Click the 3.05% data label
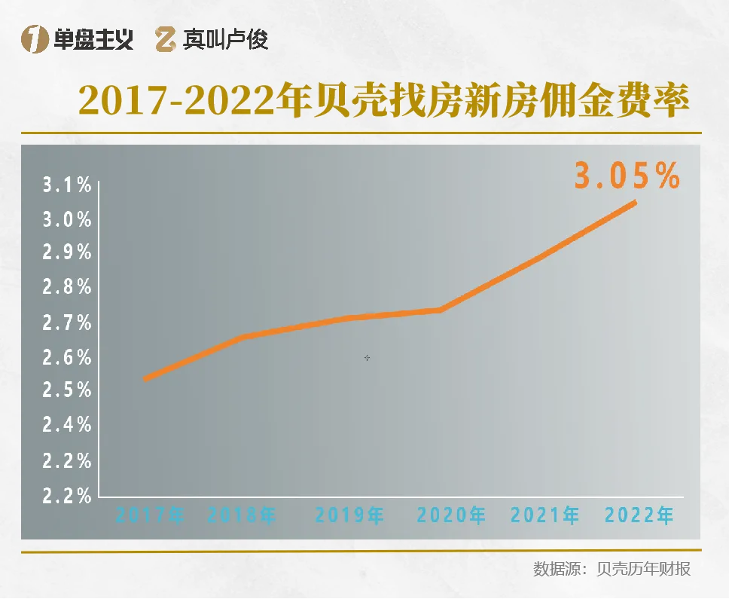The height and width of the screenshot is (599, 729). [x=627, y=176]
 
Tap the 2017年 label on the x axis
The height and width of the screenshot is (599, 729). [x=150, y=516]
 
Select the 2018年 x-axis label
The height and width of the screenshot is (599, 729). [x=242, y=516]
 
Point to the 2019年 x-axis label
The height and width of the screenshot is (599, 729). [x=349, y=516]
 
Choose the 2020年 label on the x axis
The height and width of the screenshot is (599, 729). [x=451, y=516]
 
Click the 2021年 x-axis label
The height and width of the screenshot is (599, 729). [x=545, y=516]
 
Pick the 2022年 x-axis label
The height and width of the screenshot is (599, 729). [x=639, y=516]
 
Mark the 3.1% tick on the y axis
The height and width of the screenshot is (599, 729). [x=67, y=186]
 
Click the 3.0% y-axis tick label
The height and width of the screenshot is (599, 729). [x=67, y=220]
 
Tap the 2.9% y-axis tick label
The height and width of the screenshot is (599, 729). [x=67, y=252]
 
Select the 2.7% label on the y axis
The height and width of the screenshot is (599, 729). [x=67, y=323]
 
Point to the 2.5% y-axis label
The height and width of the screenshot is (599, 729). [x=67, y=390]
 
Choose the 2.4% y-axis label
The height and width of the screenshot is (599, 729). [x=67, y=425]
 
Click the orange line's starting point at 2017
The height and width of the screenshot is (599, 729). [x=145, y=378]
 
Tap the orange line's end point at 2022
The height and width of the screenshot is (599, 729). [x=636, y=202]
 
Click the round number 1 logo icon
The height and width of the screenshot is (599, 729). [x=35, y=40]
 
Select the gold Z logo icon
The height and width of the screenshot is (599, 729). [x=166, y=40]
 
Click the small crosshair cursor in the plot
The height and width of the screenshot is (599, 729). [x=367, y=358]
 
